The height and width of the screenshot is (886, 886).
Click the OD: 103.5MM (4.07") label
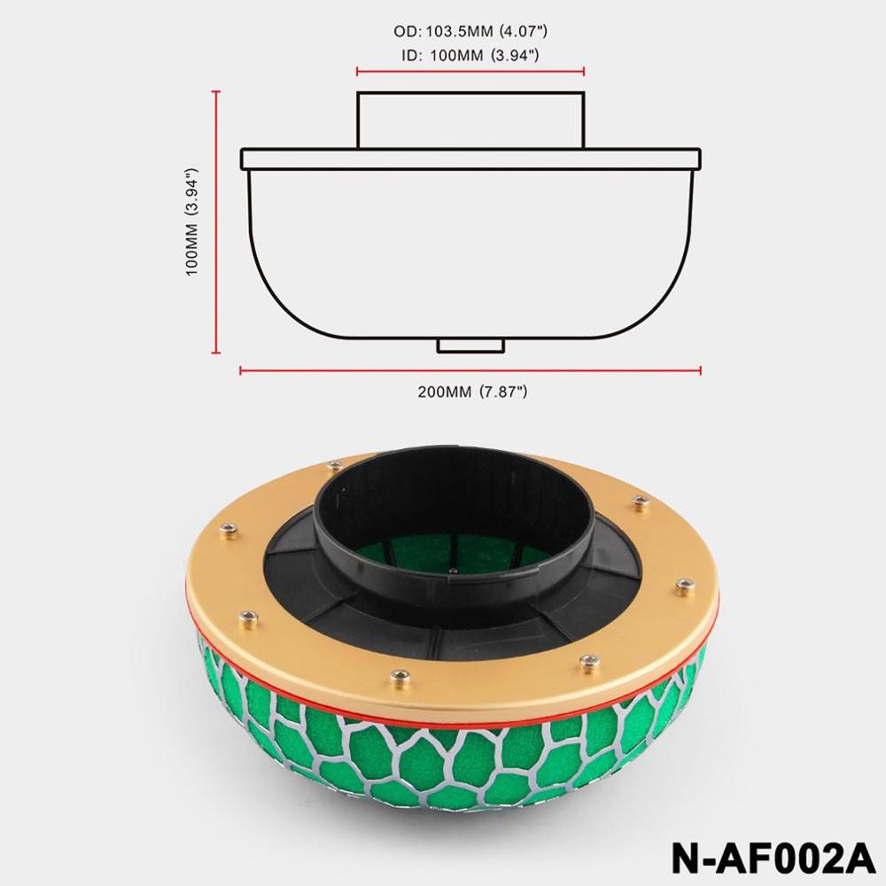(470, 31)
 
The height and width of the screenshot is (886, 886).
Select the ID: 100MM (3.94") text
(470, 55)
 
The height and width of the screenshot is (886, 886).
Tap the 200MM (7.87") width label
(472, 392)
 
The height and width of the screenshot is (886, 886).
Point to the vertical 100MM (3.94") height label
(192, 222)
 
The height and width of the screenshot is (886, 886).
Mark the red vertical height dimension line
(216, 222)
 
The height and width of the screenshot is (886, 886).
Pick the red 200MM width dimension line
(470, 370)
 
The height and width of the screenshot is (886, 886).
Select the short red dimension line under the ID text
(470, 71)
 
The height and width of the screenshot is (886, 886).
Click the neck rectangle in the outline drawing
(470, 120)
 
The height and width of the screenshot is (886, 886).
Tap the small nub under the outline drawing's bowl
(470, 346)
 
